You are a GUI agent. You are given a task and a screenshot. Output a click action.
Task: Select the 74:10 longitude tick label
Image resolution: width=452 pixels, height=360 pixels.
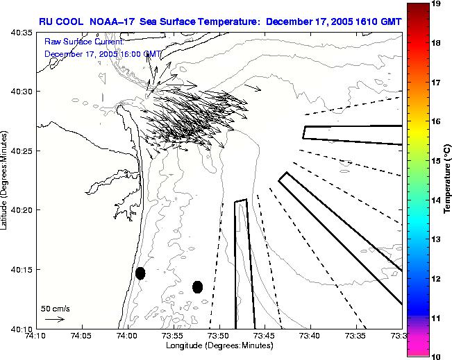point(35,337)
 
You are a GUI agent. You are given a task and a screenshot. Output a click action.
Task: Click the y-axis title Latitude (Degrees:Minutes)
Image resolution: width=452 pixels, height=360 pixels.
point(6,180)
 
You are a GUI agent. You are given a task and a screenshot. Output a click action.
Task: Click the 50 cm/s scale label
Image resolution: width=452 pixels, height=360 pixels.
point(55,308)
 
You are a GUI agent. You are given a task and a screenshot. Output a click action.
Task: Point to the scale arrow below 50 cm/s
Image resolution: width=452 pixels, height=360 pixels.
point(54,319)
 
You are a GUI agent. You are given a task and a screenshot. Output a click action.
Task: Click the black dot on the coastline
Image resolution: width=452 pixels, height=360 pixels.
point(140,273)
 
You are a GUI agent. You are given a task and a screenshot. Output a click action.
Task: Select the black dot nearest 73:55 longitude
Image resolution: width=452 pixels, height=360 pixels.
point(198,286)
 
